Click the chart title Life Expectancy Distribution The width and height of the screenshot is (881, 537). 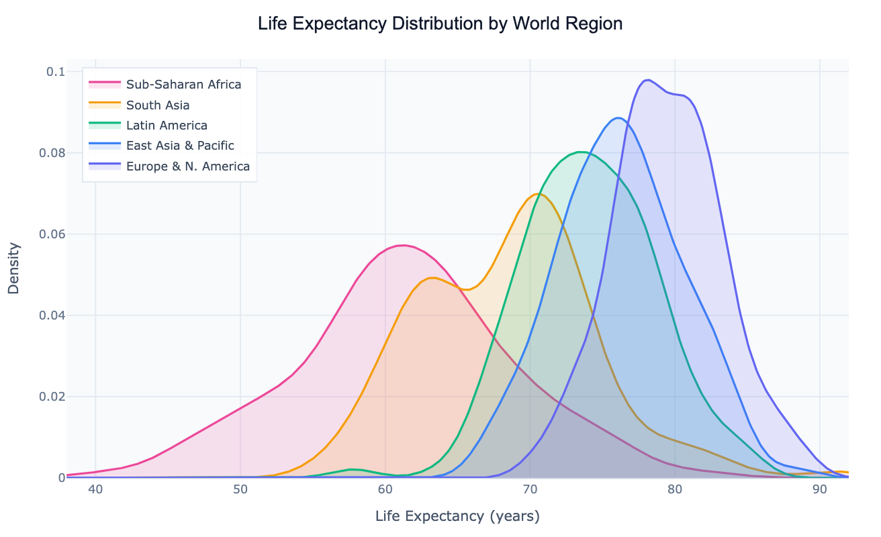click(440, 24)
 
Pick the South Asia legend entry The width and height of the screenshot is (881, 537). click(158, 105)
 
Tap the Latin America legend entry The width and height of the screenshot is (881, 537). click(167, 126)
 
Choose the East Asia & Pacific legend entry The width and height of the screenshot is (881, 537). click(180, 146)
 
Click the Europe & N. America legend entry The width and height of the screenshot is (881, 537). click(187, 166)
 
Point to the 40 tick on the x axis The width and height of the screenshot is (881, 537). click(95, 491)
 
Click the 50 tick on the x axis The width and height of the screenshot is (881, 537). click(240, 491)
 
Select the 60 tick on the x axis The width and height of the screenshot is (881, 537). click(385, 491)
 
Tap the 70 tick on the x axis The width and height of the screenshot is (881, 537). click(530, 491)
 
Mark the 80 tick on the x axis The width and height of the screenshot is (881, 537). click(675, 491)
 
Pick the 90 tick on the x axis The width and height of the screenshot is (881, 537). click(819, 491)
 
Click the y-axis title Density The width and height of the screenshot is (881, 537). click(13, 268)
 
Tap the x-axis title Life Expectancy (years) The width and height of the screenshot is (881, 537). click(457, 516)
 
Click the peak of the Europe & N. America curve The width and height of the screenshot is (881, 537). click(647, 80)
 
